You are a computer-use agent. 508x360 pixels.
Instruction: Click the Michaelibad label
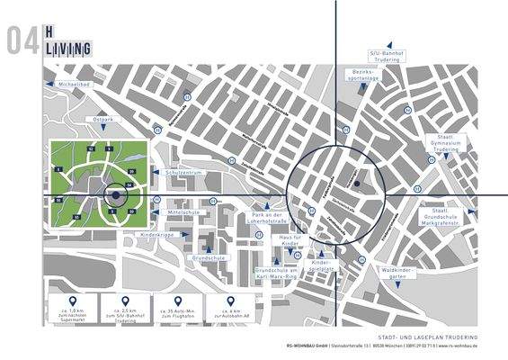[73, 84]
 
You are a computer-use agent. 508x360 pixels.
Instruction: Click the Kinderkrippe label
[156, 234]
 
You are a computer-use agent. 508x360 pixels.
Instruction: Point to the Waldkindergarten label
[395, 273]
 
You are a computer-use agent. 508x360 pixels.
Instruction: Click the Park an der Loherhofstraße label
[267, 219]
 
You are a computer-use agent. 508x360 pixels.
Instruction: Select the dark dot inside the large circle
[357, 184]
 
